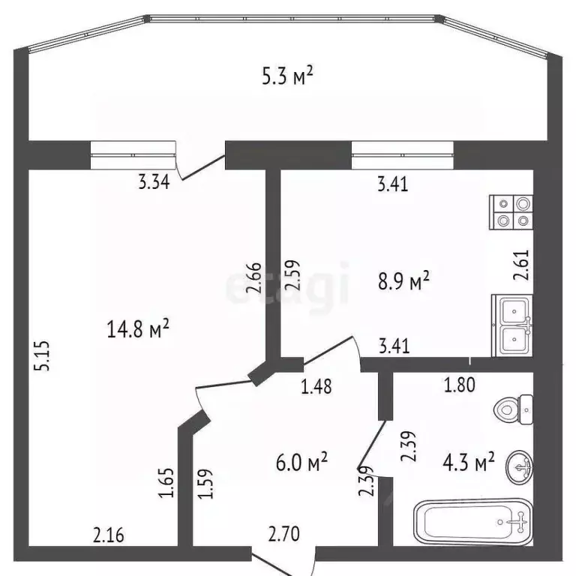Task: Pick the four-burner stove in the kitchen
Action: pos(511,211)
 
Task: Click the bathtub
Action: pos(473,522)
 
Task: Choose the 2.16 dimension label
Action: pos(109,535)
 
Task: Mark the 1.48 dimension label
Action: pos(316,387)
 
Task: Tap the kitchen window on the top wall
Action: pos(403,156)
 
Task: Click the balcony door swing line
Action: pos(200,169)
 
